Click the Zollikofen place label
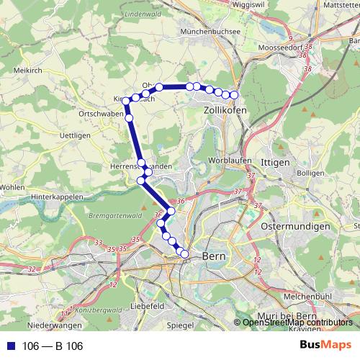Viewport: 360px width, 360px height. (225, 110)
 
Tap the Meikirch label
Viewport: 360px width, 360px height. (28, 71)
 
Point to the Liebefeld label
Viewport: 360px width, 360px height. (150, 305)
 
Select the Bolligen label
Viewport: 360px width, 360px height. (310, 174)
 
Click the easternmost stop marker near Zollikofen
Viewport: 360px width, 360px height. (234, 95)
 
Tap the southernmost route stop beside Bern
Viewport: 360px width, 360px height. (184, 253)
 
